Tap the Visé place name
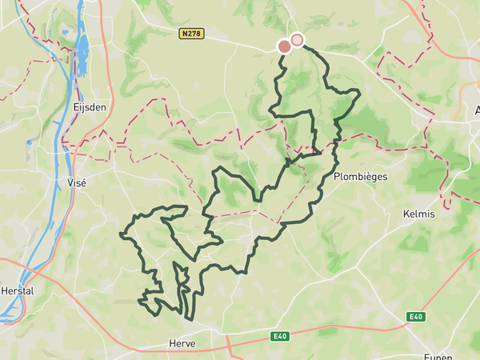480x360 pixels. click(x=77, y=182)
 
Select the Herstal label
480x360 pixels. click(x=18, y=291)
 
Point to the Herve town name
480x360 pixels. click(x=182, y=343)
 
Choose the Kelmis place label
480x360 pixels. click(x=418, y=214)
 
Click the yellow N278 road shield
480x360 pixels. click(x=191, y=34)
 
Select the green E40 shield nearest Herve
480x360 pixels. click(x=278, y=336)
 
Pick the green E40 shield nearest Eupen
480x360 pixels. click(x=414, y=318)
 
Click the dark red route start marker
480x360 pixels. click(x=285, y=46)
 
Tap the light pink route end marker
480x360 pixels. click(x=298, y=39)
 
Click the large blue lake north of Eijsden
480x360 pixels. click(x=82, y=56)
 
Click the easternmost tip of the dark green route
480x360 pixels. click(x=359, y=94)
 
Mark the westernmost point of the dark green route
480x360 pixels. click(x=121, y=234)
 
